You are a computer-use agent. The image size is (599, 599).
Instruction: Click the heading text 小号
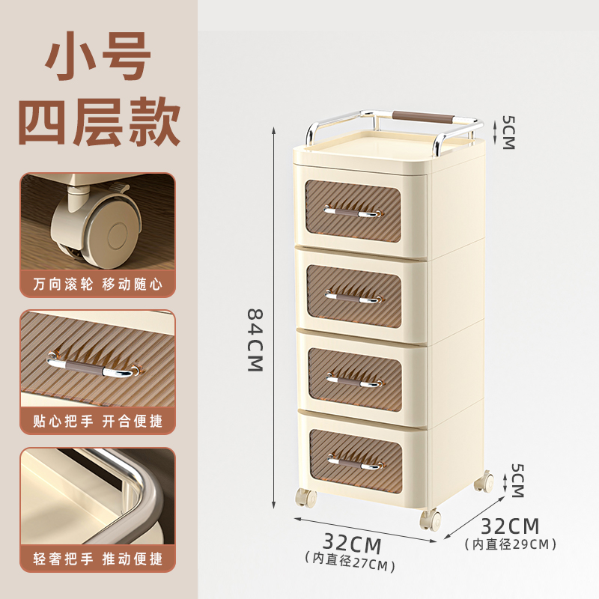tap(98, 55)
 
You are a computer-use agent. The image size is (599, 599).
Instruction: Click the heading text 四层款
tap(99, 121)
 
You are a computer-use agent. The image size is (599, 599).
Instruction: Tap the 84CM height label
tap(255, 341)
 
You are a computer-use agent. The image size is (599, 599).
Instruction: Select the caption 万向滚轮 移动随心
tap(98, 284)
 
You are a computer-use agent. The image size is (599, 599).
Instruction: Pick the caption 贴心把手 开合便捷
tap(98, 421)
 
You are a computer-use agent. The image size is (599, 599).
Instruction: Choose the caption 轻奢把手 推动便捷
tap(98, 559)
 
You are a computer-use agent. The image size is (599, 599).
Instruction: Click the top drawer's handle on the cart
tap(352, 213)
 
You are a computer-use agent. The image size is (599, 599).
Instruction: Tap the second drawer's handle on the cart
tap(353, 297)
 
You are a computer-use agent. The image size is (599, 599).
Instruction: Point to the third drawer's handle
tap(354, 380)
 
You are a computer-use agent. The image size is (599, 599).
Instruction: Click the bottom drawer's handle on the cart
tap(355, 463)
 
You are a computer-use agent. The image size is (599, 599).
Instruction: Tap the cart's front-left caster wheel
tap(306, 498)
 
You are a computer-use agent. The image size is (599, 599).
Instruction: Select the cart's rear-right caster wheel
tap(484, 481)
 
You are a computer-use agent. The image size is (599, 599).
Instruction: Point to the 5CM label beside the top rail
tap(509, 132)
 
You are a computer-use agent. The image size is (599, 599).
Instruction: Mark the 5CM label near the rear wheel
tap(517, 480)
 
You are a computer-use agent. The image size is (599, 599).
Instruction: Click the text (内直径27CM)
tap(350, 562)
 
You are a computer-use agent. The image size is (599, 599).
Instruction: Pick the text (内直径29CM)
tap(511, 544)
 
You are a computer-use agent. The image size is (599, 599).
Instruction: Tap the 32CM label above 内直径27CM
tap(352, 543)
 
